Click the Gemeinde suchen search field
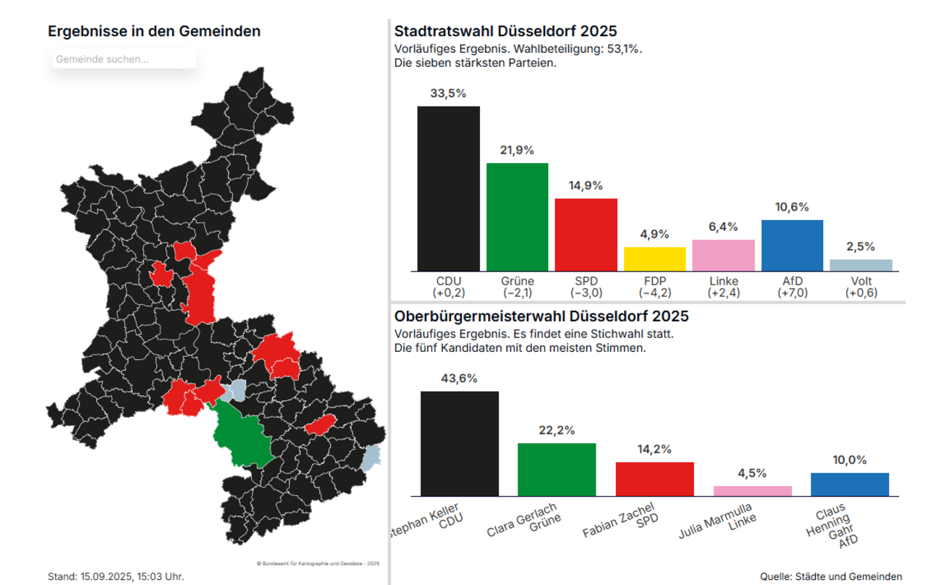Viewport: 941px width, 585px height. click(123, 59)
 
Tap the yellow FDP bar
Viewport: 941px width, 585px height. click(654, 259)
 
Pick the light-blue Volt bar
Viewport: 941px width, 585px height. click(861, 265)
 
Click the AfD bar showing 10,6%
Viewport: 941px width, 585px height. click(792, 245)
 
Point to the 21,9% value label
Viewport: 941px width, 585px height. click(517, 151)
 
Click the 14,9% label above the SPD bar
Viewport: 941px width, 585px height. click(586, 186)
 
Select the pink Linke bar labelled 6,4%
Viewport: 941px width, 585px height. click(723, 256)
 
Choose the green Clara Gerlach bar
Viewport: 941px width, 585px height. click(557, 469)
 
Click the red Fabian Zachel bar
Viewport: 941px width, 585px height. click(654, 479)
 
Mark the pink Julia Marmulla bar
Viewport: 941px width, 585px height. click(752, 491)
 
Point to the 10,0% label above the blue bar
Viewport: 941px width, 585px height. click(850, 460)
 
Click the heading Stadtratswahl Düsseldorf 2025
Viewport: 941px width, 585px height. click(505, 31)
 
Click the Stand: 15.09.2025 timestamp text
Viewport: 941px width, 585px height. click(116, 576)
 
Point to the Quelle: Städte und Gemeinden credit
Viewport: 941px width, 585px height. click(831, 576)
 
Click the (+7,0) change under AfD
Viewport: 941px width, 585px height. click(792, 293)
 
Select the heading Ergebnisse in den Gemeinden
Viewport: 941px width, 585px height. click(154, 31)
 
